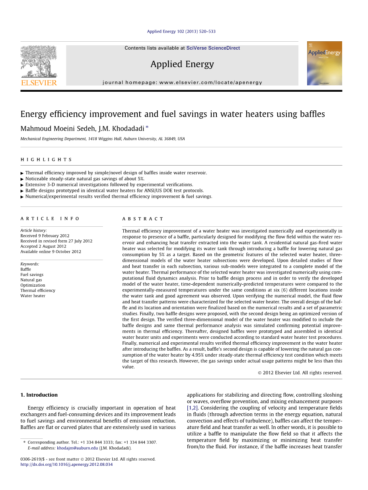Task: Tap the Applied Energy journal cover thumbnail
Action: coord(324,63)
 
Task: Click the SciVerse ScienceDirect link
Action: coord(213,48)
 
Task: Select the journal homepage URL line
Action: coord(182,83)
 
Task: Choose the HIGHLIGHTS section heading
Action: coord(46,160)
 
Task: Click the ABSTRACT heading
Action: coord(143,219)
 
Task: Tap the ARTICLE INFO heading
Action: coord(50,219)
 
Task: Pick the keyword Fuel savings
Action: coord(32,274)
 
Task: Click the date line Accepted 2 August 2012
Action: coord(43,246)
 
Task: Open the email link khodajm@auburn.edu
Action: coord(77,448)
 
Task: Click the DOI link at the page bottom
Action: coord(66,464)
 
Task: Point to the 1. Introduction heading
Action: coord(39,395)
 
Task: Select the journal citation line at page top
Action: coord(181,31)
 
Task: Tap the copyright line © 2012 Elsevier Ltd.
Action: coord(300,373)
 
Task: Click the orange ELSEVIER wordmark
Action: coord(39,83)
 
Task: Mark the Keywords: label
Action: coord(30,264)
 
